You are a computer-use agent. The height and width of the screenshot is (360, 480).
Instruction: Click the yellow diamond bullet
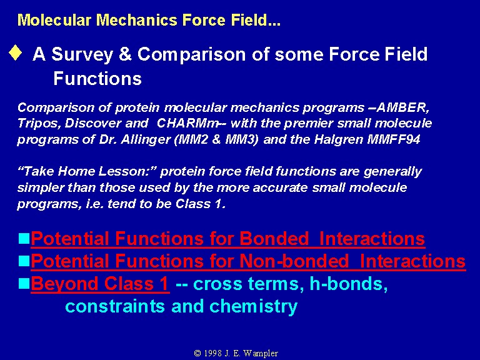(15, 52)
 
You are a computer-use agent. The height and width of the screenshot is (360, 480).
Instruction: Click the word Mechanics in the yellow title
(137, 20)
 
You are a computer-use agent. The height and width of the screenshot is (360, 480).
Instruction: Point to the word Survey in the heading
(82, 55)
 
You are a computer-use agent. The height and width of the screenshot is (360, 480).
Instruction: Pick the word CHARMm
(187, 123)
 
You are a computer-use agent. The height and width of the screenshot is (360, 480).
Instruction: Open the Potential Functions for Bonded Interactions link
(227, 239)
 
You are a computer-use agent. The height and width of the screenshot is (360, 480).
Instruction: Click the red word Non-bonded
(294, 261)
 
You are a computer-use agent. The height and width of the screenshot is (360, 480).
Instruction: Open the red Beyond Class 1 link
(100, 284)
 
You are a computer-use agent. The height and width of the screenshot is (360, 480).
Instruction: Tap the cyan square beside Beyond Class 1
(24, 284)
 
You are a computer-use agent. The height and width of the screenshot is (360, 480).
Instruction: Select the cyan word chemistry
(253, 307)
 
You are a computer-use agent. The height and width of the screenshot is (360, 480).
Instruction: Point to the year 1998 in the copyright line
(212, 353)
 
